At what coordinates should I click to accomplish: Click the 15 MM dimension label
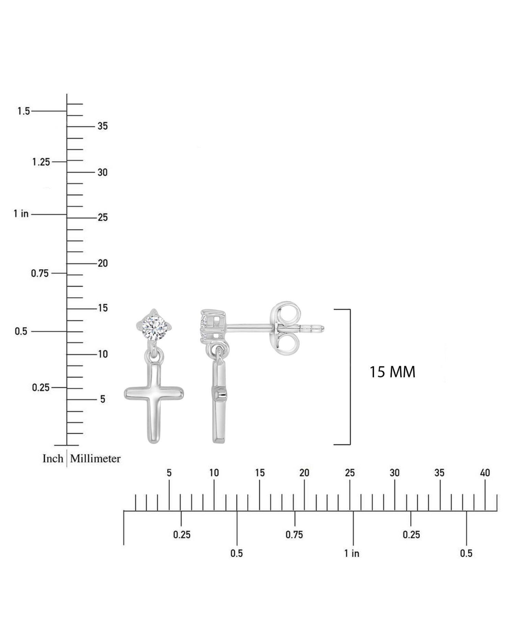pos(392,372)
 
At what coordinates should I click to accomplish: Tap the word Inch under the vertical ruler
pos(53,458)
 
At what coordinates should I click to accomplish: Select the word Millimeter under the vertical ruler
pos(95,458)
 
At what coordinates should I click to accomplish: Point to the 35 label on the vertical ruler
pos(103,126)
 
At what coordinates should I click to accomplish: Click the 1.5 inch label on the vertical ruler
pos(24,111)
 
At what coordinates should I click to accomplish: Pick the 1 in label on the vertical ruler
pos(21,214)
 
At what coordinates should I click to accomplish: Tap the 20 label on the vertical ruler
pos(103,263)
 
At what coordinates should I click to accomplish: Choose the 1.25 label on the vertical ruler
pos(41,162)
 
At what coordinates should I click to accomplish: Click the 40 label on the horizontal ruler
pos(485,473)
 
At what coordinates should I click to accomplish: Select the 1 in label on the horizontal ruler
pos(352,553)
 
